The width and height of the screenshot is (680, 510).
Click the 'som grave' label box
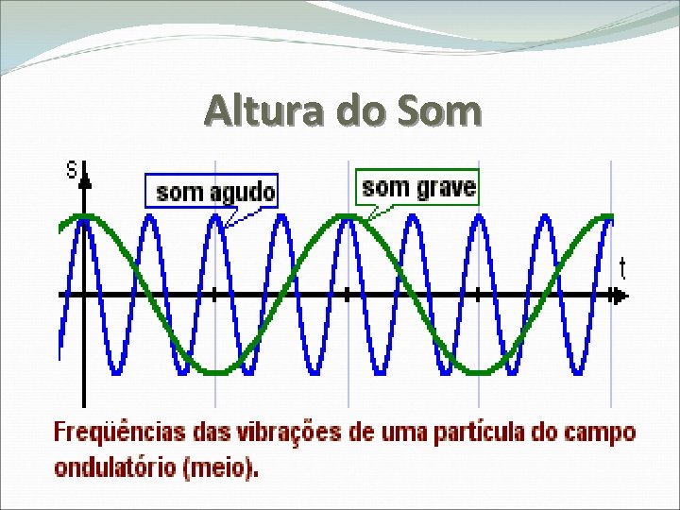point(418,187)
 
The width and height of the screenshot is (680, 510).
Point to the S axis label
point(71,171)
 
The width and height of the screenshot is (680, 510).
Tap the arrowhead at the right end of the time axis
point(619,296)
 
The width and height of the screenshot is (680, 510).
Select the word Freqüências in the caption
point(119,433)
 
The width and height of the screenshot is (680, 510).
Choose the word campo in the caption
point(601,433)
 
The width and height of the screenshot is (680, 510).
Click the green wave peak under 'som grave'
point(348,218)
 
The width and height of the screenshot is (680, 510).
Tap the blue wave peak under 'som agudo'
point(216,216)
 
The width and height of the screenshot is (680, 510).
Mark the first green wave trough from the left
point(216,372)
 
